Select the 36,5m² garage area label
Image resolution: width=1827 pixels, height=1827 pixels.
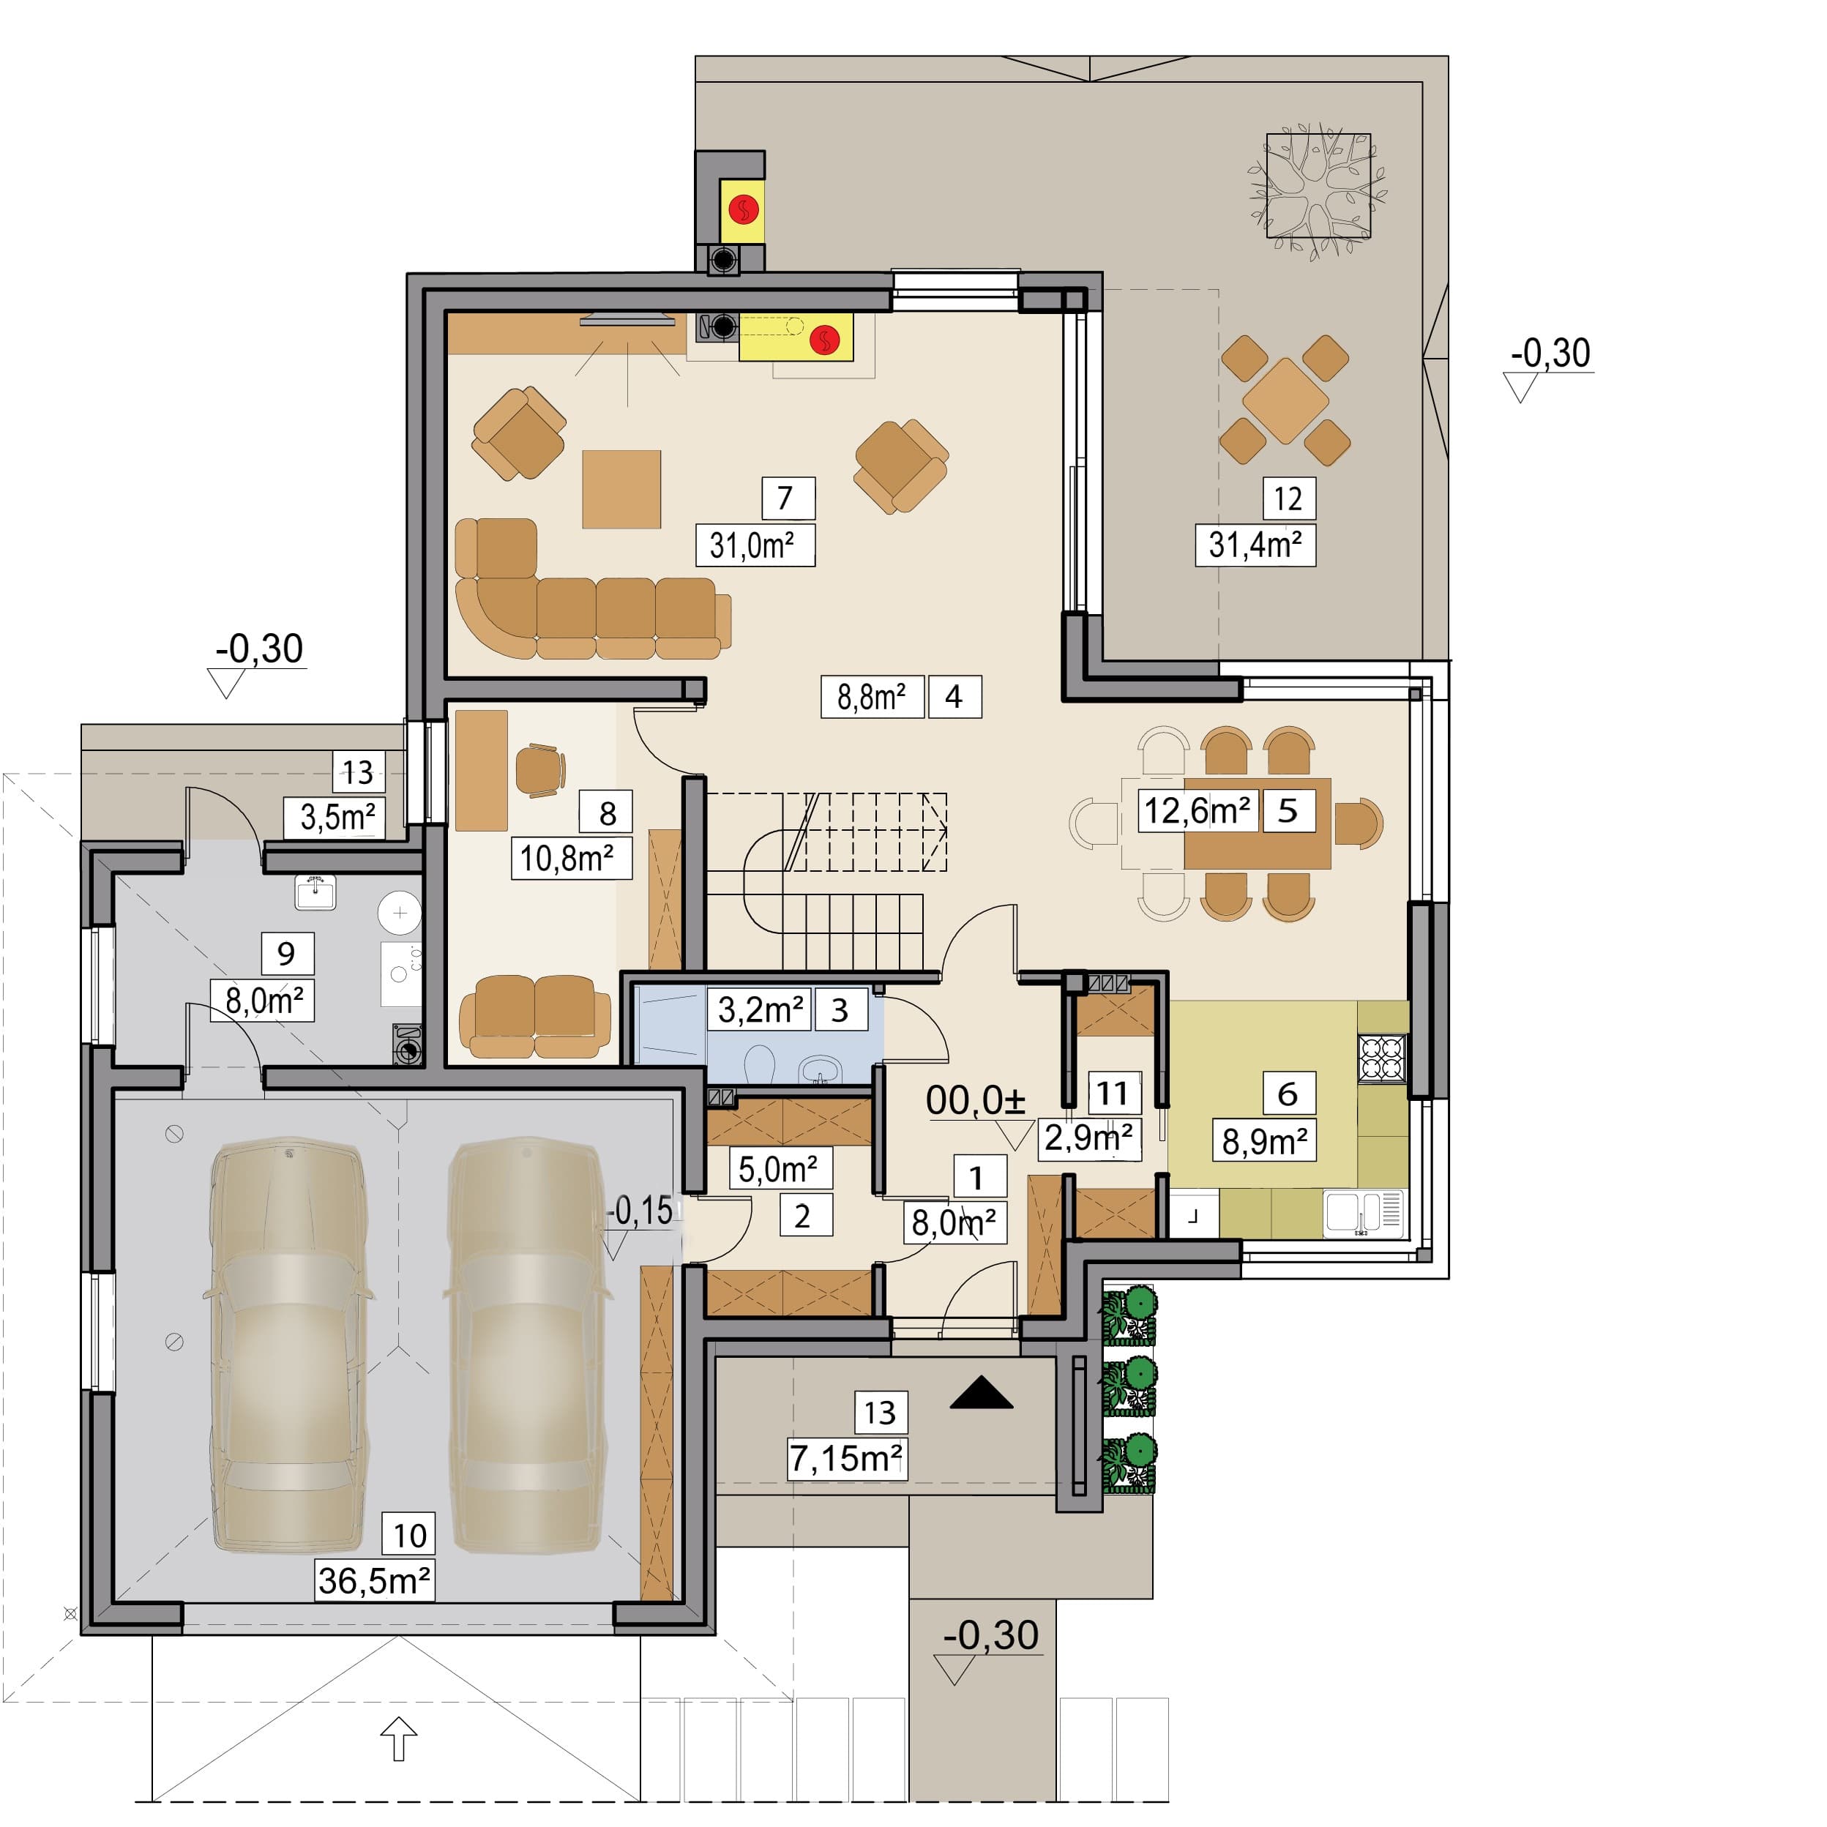375,1580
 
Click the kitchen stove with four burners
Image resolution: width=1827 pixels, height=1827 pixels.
1382,1059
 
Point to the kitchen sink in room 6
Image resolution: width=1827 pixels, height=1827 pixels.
1364,1212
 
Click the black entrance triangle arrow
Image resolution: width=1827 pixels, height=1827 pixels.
982,1393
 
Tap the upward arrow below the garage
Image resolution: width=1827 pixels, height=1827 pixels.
399,1738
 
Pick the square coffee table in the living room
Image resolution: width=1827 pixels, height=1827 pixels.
621,489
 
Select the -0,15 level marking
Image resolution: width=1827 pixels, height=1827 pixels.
640,1211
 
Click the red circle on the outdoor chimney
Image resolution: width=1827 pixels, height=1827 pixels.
744,210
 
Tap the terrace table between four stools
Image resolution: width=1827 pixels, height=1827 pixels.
1285,400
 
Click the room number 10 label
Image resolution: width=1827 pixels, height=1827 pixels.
408,1534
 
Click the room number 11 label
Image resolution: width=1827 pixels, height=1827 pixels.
1114,1093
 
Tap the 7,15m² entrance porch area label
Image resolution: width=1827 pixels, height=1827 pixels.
846,1458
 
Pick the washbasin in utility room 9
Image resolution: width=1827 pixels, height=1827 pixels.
315,892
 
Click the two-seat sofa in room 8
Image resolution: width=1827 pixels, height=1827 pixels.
535,1017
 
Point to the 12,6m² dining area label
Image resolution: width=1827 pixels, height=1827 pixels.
1198,810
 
